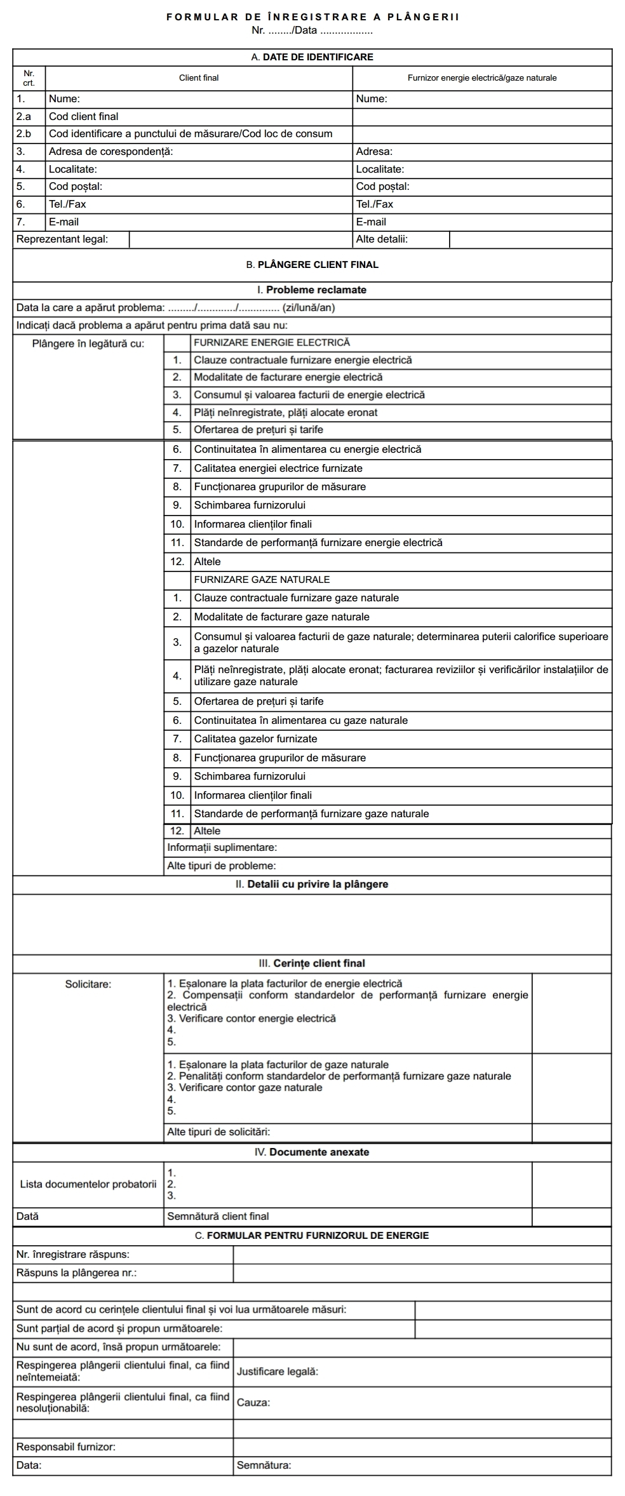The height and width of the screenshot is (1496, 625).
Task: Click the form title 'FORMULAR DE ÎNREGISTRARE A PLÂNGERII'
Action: pos(312,17)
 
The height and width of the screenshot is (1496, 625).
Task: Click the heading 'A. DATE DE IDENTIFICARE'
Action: pos(312,57)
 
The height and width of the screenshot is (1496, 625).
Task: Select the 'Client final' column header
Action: pos(199,78)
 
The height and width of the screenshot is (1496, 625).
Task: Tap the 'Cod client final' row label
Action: pos(84,117)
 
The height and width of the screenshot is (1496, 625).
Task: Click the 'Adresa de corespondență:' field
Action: pos(111,152)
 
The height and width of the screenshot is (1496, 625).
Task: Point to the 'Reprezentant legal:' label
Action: pos(62,239)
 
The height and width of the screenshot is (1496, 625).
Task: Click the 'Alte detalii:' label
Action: pos(382,239)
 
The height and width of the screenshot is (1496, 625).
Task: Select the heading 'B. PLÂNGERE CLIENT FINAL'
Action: pos(312,265)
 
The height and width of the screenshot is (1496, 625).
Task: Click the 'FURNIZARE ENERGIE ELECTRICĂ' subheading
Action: pos(272,343)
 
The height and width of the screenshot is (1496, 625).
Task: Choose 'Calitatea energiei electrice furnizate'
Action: pos(278,469)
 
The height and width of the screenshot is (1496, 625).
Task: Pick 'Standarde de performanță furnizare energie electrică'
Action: pos(318,543)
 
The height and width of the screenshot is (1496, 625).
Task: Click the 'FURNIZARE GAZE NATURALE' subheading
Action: pos(262,580)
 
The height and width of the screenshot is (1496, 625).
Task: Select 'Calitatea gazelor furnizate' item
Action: pos(255,739)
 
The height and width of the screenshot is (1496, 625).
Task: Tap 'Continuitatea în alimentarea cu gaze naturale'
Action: pos(301,721)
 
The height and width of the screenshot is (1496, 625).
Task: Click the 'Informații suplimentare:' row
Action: pos(222,848)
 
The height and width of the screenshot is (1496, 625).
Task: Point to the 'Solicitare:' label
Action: pos(88,985)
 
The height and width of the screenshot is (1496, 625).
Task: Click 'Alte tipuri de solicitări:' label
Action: pos(218,1132)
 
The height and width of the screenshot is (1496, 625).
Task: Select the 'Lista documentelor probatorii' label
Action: pos(88,1184)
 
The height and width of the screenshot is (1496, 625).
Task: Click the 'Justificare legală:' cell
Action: pos(277,1372)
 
